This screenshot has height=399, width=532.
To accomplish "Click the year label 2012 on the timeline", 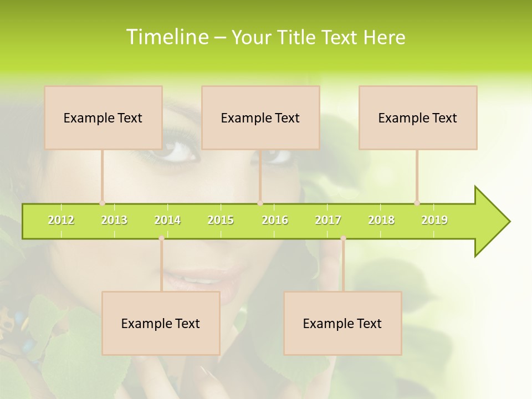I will pyautogui.click(x=61, y=220).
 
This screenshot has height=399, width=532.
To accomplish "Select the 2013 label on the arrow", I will pyautogui.click(x=114, y=220).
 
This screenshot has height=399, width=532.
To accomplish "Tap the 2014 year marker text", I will pyautogui.click(x=167, y=220).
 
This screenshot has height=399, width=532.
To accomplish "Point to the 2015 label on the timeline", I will pyautogui.click(x=221, y=220).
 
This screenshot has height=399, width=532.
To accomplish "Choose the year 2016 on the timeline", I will pyautogui.click(x=275, y=220).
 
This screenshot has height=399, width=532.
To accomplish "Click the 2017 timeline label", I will pyautogui.click(x=328, y=220).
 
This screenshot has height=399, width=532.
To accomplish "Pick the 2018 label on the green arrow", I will pyautogui.click(x=381, y=220).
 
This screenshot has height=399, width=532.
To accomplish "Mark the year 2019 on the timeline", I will pyautogui.click(x=434, y=220).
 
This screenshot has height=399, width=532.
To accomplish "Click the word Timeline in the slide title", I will pyautogui.click(x=167, y=37).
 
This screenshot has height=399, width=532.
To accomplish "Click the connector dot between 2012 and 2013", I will pyautogui.click(x=102, y=203).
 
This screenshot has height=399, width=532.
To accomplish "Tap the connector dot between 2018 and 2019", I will pyautogui.click(x=417, y=203).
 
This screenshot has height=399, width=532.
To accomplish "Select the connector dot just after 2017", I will pyautogui.click(x=343, y=238).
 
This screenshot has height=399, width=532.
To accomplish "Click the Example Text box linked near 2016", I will pyautogui.click(x=260, y=117).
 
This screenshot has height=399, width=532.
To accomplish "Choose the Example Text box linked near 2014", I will pyautogui.click(x=161, y=323).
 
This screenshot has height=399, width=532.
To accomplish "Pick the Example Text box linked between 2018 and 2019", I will pyautogui.click(x=418, y=117).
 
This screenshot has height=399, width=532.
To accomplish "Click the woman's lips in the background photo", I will pyautogui.click(x=194, y=277).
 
